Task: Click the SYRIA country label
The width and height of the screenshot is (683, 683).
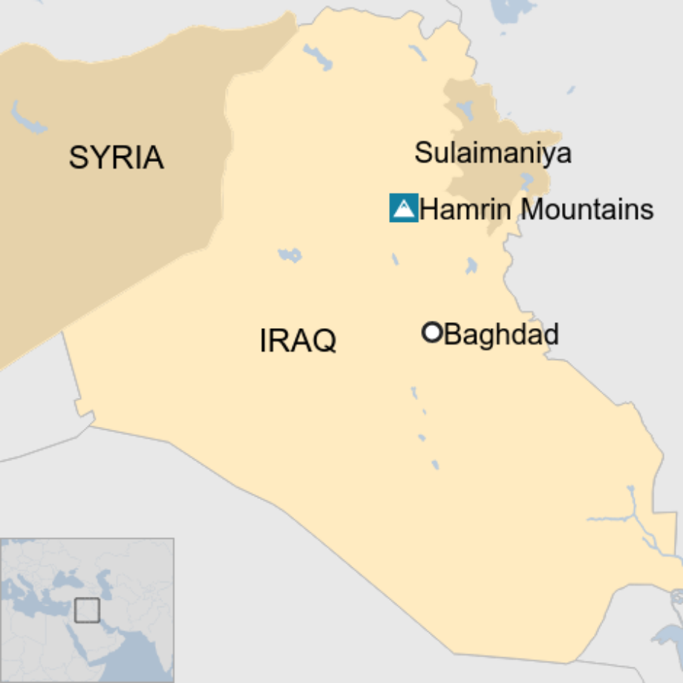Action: tap(117, 157)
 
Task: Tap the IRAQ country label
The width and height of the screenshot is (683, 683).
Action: tap(298, 341)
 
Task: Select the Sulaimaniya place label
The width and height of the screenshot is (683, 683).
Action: tap(492, 153)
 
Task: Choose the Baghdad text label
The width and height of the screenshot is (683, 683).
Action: tap(501, 334)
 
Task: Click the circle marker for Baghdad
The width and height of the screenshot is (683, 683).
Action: tap(432, 333)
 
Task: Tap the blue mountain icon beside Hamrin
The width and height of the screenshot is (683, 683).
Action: tap(404, 208)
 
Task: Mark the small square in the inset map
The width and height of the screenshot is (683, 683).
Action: tap(87, 610)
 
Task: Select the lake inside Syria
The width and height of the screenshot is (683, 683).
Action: tap(25, 117)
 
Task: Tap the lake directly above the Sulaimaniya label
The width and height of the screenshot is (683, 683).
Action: tap(465, 110)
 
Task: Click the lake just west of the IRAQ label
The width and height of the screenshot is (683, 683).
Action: tap(290, 255)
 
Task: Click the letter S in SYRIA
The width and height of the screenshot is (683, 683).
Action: tap(77, 157)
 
